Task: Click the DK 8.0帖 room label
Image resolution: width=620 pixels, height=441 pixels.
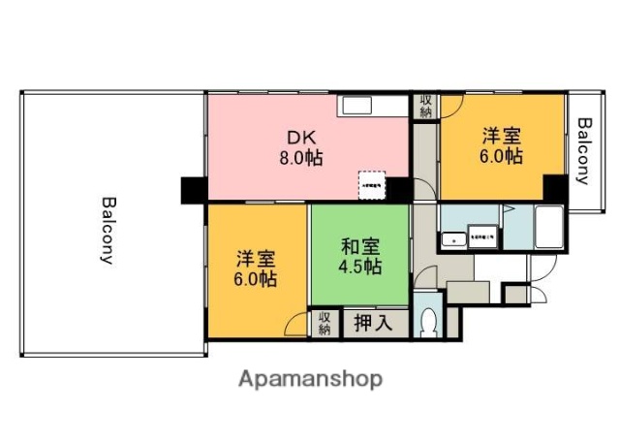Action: [x=303, y=147]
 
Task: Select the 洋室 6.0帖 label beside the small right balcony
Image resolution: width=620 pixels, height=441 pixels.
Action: [x=501, y=145]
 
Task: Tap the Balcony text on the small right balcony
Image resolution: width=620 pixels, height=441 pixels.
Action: [x=584, y=150]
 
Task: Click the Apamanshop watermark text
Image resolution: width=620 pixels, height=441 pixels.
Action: [x=310, y=378]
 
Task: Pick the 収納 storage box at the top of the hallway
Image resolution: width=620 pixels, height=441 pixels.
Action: [x=425, y=106]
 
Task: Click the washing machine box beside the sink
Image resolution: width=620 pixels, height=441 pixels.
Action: [x=482, y=236]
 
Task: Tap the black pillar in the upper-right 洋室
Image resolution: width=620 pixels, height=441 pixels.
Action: [x=554, y=186]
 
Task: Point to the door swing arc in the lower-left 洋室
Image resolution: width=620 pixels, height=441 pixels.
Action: [x=296, y=324]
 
